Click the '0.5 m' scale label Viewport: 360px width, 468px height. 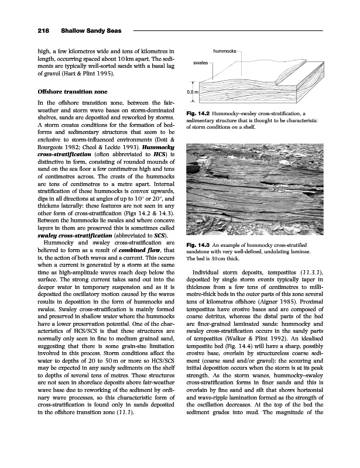click(192, 92)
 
